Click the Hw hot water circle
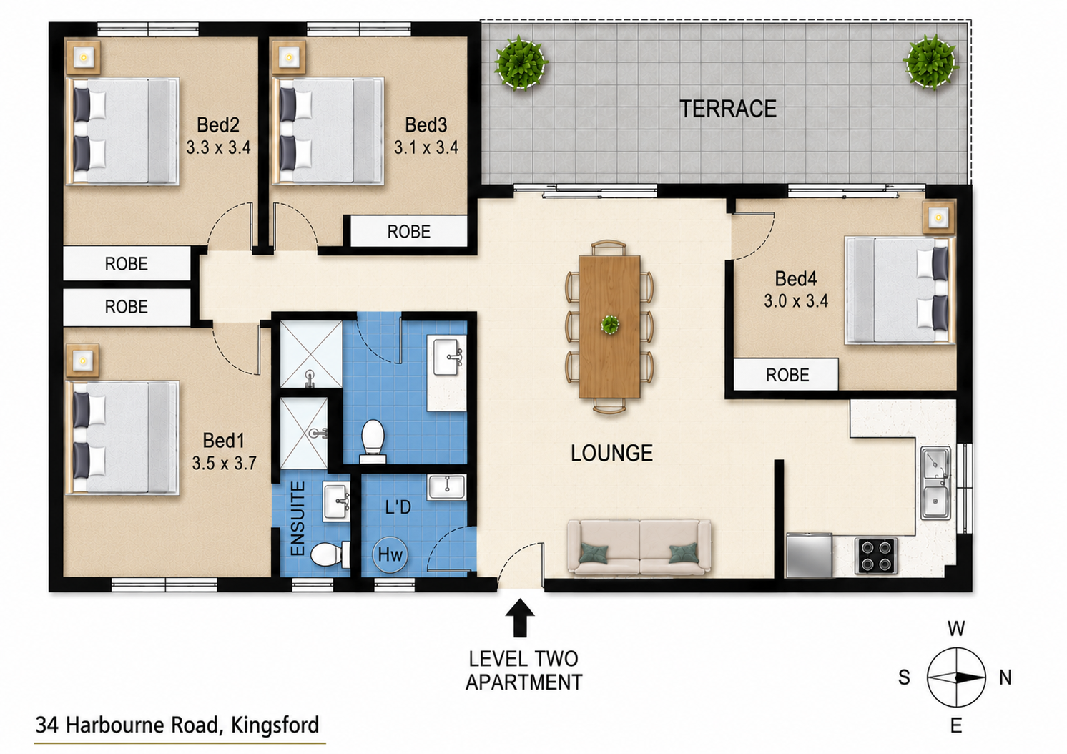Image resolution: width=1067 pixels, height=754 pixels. (x=390, y=554)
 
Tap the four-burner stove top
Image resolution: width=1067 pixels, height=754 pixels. (x=876, y=556)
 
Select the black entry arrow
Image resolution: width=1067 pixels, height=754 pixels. (x=520, y=618)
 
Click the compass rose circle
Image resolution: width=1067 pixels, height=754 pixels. (x=956, y=677)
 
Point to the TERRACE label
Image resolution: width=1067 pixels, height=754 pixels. (x=728, y=109)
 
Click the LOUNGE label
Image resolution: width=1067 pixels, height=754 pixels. (x=611, y=453)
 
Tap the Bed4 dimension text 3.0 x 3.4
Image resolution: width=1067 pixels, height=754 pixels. (x=796, y=300)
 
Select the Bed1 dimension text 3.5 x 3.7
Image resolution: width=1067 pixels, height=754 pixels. (x=224, y=463)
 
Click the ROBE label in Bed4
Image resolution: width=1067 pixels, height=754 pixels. (x=787, y=375)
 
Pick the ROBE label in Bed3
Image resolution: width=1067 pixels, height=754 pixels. (x=408, y=232)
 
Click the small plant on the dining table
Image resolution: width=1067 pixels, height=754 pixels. (x=610, y=325)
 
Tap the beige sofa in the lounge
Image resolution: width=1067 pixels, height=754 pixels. (x=639, y=547)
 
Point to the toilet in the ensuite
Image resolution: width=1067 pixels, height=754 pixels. (x=330, y=554)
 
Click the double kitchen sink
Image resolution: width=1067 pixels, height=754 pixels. (x=935, y=483)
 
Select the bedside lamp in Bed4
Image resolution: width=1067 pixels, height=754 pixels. (x=938, y=218)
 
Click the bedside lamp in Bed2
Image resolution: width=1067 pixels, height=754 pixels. (x=84, y=58)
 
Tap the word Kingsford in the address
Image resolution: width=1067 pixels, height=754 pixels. (x=275, y=725)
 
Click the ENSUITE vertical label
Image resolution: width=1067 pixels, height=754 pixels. (x=298, y=519)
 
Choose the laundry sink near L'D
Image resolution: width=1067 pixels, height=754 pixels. (x=446, y=487)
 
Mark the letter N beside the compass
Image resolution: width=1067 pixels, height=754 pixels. (x=1005, y=677)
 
